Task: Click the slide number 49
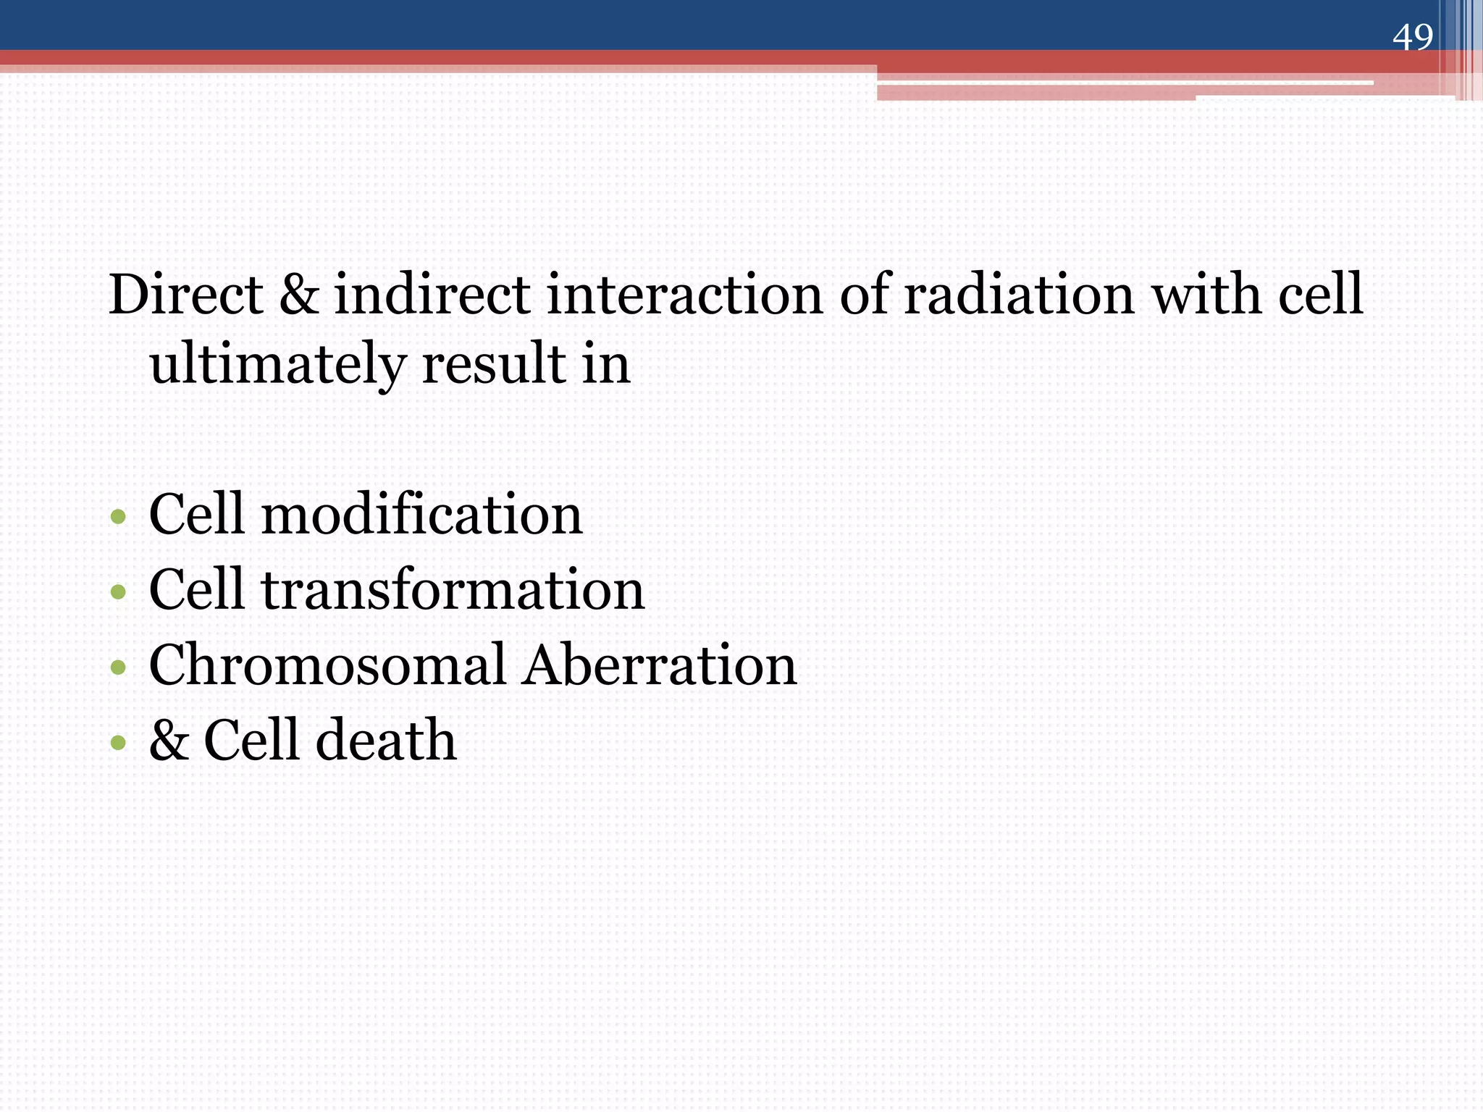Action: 1412,37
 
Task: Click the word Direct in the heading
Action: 185,295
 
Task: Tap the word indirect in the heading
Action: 432,295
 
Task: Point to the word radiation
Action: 1020,295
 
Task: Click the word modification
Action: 421,515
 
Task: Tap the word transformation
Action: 453,590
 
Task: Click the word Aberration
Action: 660,665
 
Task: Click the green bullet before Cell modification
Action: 118,518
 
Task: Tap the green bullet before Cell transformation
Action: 118,593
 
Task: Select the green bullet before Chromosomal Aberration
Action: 118,667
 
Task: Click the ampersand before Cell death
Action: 169,741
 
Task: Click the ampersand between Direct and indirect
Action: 298,295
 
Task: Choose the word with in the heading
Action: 1206,295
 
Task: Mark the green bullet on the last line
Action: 118,743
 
